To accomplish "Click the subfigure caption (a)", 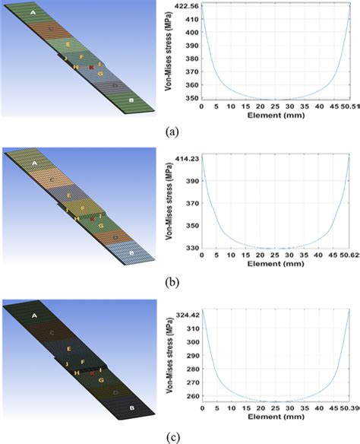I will (x=172, y=131).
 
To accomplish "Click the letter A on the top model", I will (x=33, y=14).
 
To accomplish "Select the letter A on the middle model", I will (x=33, y=164).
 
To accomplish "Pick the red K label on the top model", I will (x=91, y=68).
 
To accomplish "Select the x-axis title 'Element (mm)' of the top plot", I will (x=274, y=116).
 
